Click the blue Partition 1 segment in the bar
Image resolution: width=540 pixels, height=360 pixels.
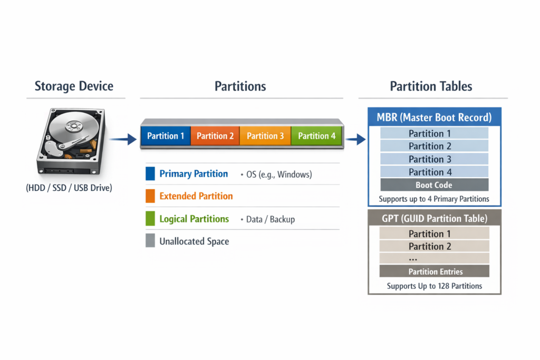(x=166, y=136)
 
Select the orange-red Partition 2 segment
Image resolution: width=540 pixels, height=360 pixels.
(x=215, y=136)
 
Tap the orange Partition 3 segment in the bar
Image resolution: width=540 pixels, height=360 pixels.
(x=265, y=136)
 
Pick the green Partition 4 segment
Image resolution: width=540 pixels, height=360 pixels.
(x=316, y=136)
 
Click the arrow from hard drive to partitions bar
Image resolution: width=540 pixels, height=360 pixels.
(x=123, y=139)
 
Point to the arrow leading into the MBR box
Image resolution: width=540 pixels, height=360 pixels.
(x=356, y=139)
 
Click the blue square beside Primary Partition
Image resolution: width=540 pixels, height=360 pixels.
(x=150, y=174)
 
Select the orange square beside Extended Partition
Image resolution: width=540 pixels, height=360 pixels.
(x=150, y=196)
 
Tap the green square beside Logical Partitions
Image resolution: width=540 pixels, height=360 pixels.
(x=150, y=219)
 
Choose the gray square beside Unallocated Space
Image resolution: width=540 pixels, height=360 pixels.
(x=150, y=240)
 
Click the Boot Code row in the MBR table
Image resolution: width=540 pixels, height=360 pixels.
(x=435, y=185)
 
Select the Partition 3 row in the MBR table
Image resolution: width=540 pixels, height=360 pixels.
(x=435, y=159)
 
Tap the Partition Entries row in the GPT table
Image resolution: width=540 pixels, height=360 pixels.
(x=435, y=271)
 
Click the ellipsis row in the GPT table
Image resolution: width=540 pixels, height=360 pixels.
(x=435, y=258)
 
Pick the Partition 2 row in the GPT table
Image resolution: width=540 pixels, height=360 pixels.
(x=435, y=246)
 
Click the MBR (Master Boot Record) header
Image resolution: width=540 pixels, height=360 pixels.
(x=435, y=118)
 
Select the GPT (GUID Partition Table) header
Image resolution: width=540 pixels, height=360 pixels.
(x=435, y=218)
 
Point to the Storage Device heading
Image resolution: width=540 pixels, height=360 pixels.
(x=74, y=86)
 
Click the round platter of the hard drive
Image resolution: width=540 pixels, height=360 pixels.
(x=73, y=127)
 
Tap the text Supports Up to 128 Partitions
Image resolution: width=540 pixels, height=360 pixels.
(x=435, y=286)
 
